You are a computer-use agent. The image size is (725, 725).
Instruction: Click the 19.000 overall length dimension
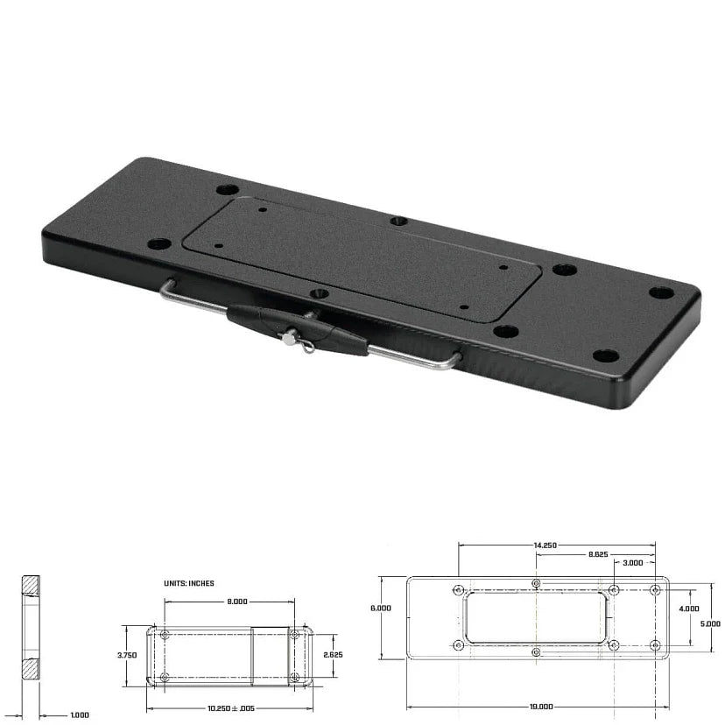(x=541, y=706)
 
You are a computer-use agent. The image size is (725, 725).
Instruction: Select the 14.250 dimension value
(x=545, y=545)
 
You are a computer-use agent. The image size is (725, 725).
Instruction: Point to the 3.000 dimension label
(x=633, y=563)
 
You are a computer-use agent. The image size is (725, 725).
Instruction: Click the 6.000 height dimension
(x=382, y=607)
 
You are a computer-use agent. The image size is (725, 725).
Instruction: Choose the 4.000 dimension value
(x=689, y=608)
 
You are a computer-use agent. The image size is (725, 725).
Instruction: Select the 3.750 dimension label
(x=128, y=654)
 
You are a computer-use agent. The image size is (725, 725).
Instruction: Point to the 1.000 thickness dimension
(x=79, y=715)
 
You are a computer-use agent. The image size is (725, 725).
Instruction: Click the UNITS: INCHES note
(x=188, y=583)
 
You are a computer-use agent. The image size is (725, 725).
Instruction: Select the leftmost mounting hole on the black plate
(x=158, y=244)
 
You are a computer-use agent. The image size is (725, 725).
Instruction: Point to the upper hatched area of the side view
(x=31, y=584)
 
